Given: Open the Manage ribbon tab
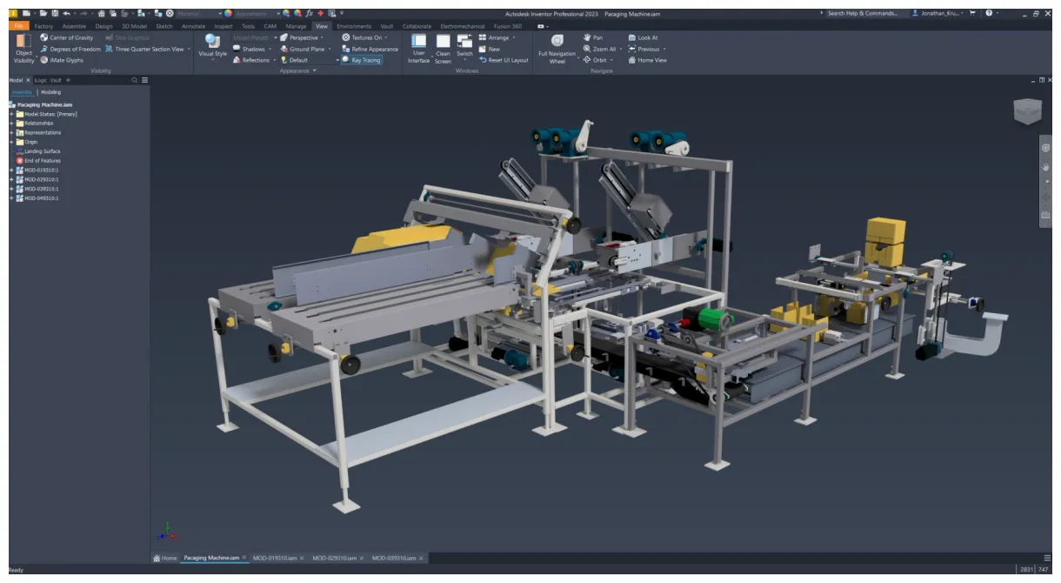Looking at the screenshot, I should (x=296, y=26).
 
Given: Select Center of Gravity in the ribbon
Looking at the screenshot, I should (x=71, y=37).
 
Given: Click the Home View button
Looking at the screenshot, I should (x=651, y=60).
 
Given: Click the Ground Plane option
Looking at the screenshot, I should (x=306, y=49).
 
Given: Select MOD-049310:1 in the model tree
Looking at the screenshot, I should (x=41, y=198).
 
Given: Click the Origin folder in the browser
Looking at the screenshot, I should (x=30, y=142).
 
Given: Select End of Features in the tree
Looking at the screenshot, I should (x=42, y=161).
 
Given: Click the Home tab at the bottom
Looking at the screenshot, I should (x=164, y=558).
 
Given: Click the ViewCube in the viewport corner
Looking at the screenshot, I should (x=1026, y=111).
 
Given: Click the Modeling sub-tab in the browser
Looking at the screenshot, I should (x=50, y=92).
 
